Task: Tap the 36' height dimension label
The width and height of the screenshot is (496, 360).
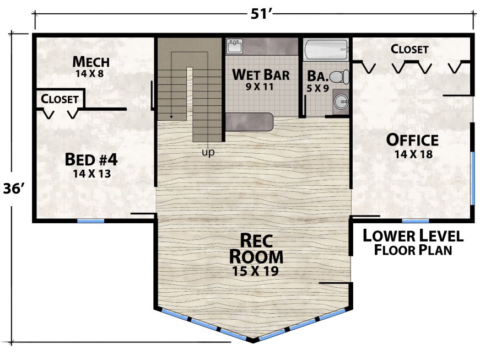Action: (14, 189)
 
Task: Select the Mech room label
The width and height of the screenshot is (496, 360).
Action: (91, 62)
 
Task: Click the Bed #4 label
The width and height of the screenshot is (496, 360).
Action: (91, 159)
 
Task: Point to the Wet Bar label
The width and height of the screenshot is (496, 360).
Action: (261, 75)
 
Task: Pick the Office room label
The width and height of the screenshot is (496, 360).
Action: (412, 140)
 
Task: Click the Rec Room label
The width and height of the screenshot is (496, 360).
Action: (256, 249)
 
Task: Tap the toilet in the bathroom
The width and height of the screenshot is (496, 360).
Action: (339, 77)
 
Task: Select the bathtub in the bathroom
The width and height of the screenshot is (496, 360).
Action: (326, 50)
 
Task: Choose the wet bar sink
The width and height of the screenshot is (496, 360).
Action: (235, 46)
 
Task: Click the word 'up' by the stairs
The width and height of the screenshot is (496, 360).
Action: (208, 153)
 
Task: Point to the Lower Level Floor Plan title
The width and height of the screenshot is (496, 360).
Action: (413, 243)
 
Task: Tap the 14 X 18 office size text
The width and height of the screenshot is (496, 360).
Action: (413, 154)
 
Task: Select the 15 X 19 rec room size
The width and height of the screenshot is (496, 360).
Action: (256, 271)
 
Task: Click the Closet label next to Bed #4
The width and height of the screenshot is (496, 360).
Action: (60, 99)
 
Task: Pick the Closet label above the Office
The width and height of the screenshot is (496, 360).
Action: (409, 49)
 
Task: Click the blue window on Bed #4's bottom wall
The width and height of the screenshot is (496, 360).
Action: (91, 221)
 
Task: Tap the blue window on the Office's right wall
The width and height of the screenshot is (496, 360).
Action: (472, 179)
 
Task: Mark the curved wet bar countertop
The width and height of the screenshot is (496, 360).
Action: (249, 122)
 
